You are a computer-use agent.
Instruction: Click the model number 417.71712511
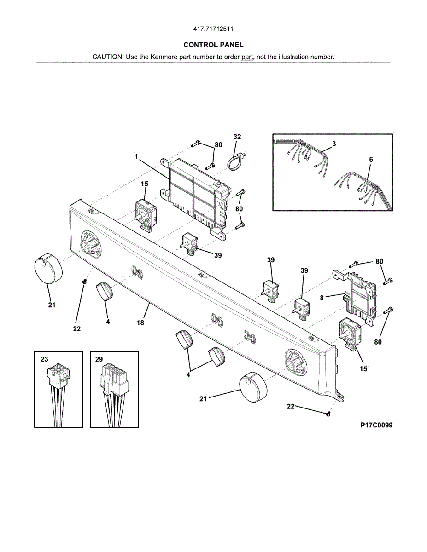tap(213, 29)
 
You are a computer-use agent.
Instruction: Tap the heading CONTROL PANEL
tap(213, 45)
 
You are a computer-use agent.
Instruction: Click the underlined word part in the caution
tap(247, 57)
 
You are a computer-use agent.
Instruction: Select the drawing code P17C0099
tap(376, 425)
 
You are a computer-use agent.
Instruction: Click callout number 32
tap(237, 137)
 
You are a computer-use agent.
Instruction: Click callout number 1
tap(137, 156)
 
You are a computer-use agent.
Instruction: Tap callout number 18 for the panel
tap(140, 323)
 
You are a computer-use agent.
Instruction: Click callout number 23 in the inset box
tap(44, 359)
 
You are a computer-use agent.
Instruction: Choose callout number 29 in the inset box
tap(99, 359)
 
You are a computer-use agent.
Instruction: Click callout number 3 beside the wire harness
tap(334, 144)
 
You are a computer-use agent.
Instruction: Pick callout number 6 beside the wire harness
tap(371, 159)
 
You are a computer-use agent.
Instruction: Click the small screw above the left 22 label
tap(84, 281)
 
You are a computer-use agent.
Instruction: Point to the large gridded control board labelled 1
tap(195, 194)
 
